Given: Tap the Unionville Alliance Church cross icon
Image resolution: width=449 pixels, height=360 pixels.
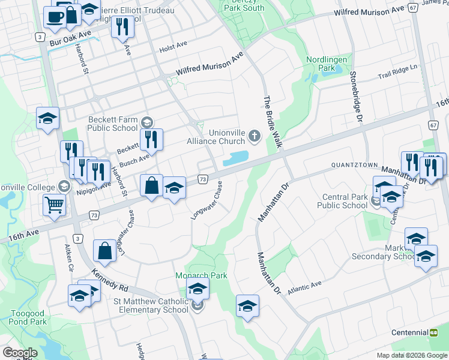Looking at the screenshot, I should [x=255, y=136].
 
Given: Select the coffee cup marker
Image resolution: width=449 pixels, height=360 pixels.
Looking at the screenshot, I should [x=55, y=17].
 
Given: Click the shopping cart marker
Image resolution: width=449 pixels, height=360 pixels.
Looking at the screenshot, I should [x=54, y=205].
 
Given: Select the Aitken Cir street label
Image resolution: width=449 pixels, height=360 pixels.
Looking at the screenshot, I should [x=70, y=257].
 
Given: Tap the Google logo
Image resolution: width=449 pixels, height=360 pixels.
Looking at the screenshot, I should [x=20, y=353].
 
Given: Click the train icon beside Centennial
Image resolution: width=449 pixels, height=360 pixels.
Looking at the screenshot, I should [x=433, y=332].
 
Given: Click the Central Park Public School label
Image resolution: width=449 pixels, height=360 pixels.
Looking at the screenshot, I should [x=345, y=201].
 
